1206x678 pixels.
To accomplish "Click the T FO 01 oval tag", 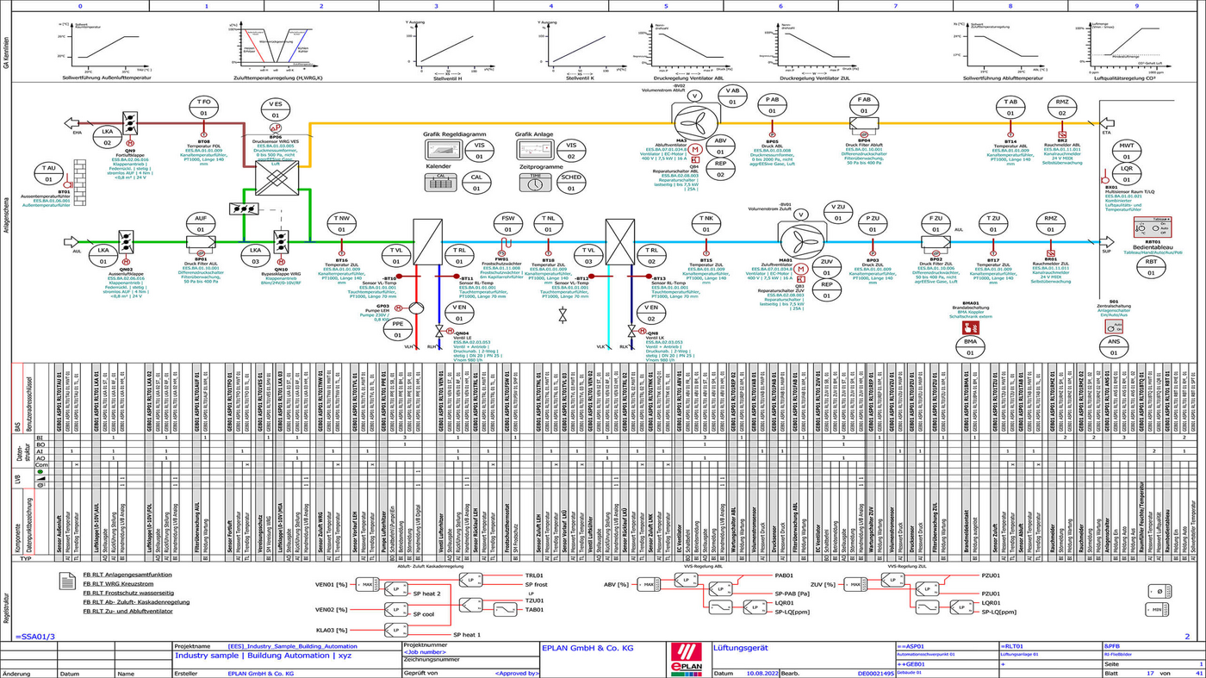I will pos(204,108).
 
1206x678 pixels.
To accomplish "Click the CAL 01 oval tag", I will pos(476,182).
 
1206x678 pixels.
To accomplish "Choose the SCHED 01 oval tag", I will pos(571,182).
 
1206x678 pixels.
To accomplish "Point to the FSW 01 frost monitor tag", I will pos(507,224).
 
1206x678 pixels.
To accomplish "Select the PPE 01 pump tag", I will pos(397,329).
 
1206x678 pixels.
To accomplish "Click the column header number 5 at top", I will pos(665,5).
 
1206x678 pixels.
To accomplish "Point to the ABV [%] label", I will pos(617,585).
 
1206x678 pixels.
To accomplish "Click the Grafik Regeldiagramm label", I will pos(455,134).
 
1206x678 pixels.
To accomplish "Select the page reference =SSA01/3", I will pos(34,636).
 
